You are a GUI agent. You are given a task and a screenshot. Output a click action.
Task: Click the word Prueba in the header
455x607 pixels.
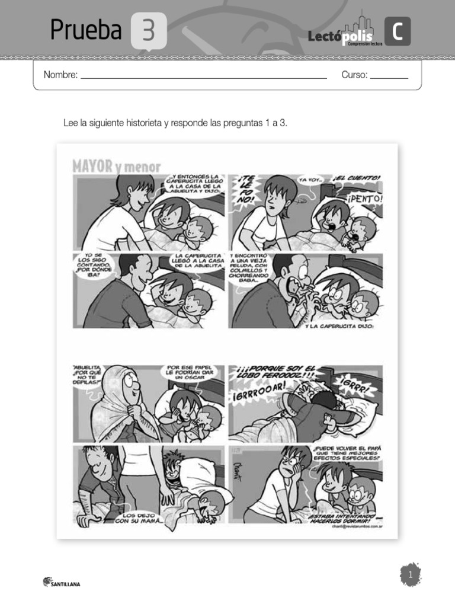coord(86,30)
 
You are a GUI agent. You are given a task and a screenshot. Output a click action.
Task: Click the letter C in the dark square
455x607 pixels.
coord(397,32)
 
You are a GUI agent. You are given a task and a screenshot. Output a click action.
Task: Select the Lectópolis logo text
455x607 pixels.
coord(340,37)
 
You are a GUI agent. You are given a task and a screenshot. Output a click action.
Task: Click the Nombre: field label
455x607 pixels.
coord(60,75)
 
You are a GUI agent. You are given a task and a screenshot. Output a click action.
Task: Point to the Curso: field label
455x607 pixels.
coord(354,75)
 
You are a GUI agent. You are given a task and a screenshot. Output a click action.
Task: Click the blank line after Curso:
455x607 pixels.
coord(389,77)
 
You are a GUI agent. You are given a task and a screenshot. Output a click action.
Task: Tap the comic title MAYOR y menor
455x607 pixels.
coord(116,166)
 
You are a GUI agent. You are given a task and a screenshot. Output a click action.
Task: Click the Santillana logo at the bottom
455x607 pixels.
coord(62,583)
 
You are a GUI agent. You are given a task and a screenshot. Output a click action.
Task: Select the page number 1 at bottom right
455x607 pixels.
coord(409,574)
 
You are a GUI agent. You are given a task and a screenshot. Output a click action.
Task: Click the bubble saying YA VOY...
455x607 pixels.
coord(310,178)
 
